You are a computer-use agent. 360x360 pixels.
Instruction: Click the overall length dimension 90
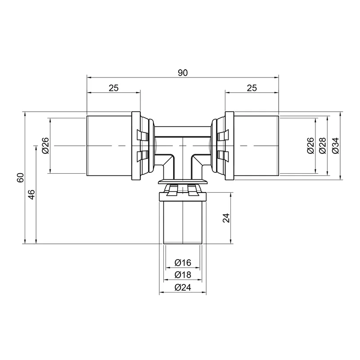click(x=183, y=73)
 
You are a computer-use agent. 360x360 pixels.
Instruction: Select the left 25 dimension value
click(x=114, y=88)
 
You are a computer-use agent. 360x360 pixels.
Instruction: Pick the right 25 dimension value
click(x=252, y=88)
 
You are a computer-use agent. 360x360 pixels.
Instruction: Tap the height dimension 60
click(x=20, y=177)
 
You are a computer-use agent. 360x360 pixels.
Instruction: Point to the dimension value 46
click(x=31, y=194)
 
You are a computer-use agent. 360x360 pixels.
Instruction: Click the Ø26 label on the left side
click(x=46, y=145)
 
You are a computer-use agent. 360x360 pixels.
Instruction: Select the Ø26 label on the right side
click(x=310, y=145)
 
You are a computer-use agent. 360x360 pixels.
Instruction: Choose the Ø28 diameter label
click(x=323, y=145)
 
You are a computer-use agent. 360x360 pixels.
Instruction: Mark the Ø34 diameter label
click(x=335, y=145)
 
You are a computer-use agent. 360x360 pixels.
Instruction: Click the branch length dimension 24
click(x=226, y=218)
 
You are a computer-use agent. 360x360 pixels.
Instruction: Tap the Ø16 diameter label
click(x=183, y=262)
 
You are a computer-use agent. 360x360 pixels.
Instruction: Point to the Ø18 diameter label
click(x=183, y=274)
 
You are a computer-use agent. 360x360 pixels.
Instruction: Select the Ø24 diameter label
click(x=183, y=287)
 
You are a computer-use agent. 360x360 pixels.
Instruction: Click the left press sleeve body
click(x=109, y=146)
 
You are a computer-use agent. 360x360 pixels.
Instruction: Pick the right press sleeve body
click(x=256, y=146)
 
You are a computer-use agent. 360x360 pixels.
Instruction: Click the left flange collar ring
click(x=136, y=146)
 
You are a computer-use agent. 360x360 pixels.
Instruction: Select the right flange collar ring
click(x=229, y=146)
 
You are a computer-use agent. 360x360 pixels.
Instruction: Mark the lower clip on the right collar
click(x=223, y=156)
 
